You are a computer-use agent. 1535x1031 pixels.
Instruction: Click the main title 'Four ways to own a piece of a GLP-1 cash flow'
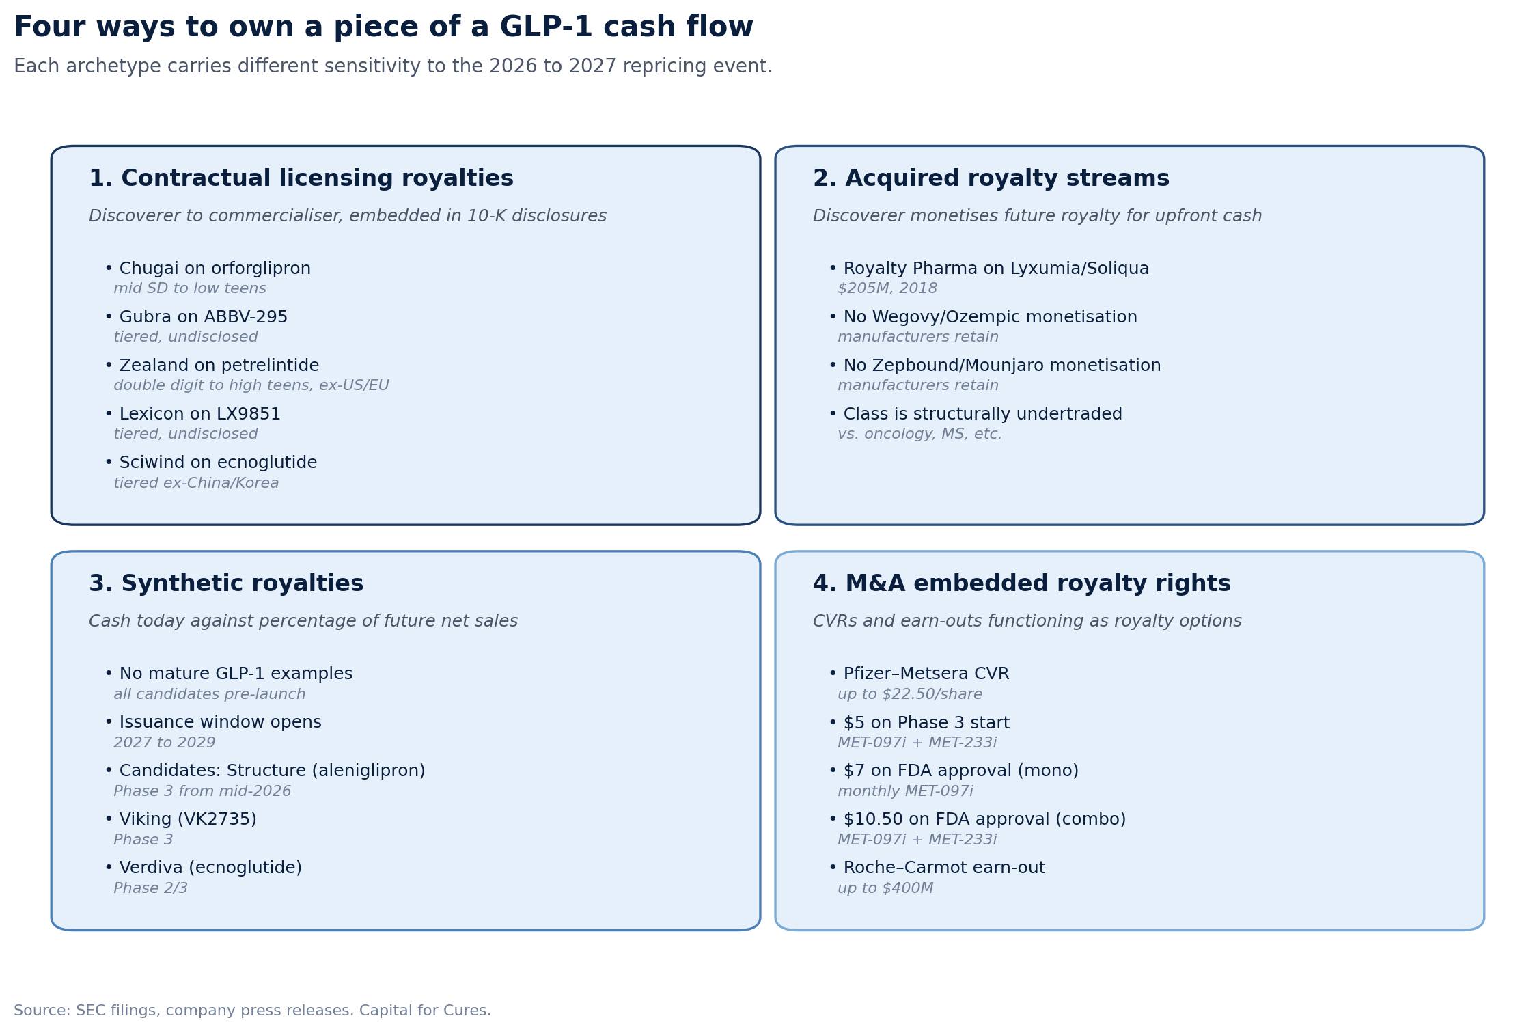(x=383, y=27)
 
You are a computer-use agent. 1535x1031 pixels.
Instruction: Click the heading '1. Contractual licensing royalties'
(x=301, y=179)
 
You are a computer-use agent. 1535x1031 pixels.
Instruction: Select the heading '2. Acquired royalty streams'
(x=991, y=179)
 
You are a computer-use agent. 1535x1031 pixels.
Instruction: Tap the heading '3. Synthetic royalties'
(x=226, y=584)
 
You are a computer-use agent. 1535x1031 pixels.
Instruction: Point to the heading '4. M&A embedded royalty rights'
(x=1021, y=584)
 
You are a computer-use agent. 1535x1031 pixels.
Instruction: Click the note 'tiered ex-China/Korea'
(x=196, y=483)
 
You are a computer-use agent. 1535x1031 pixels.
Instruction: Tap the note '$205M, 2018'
(x=887, y=288)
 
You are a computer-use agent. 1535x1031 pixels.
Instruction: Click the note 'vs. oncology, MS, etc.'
(x=919, y=434)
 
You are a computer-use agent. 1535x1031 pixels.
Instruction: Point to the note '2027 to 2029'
(x=164, y=743)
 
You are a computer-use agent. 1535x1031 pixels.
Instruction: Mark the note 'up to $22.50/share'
(x=910, y=694)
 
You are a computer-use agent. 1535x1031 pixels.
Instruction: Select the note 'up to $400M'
(x=885, y=888)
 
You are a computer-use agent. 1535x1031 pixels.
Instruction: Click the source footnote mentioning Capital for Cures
(x=252, y=1011)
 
